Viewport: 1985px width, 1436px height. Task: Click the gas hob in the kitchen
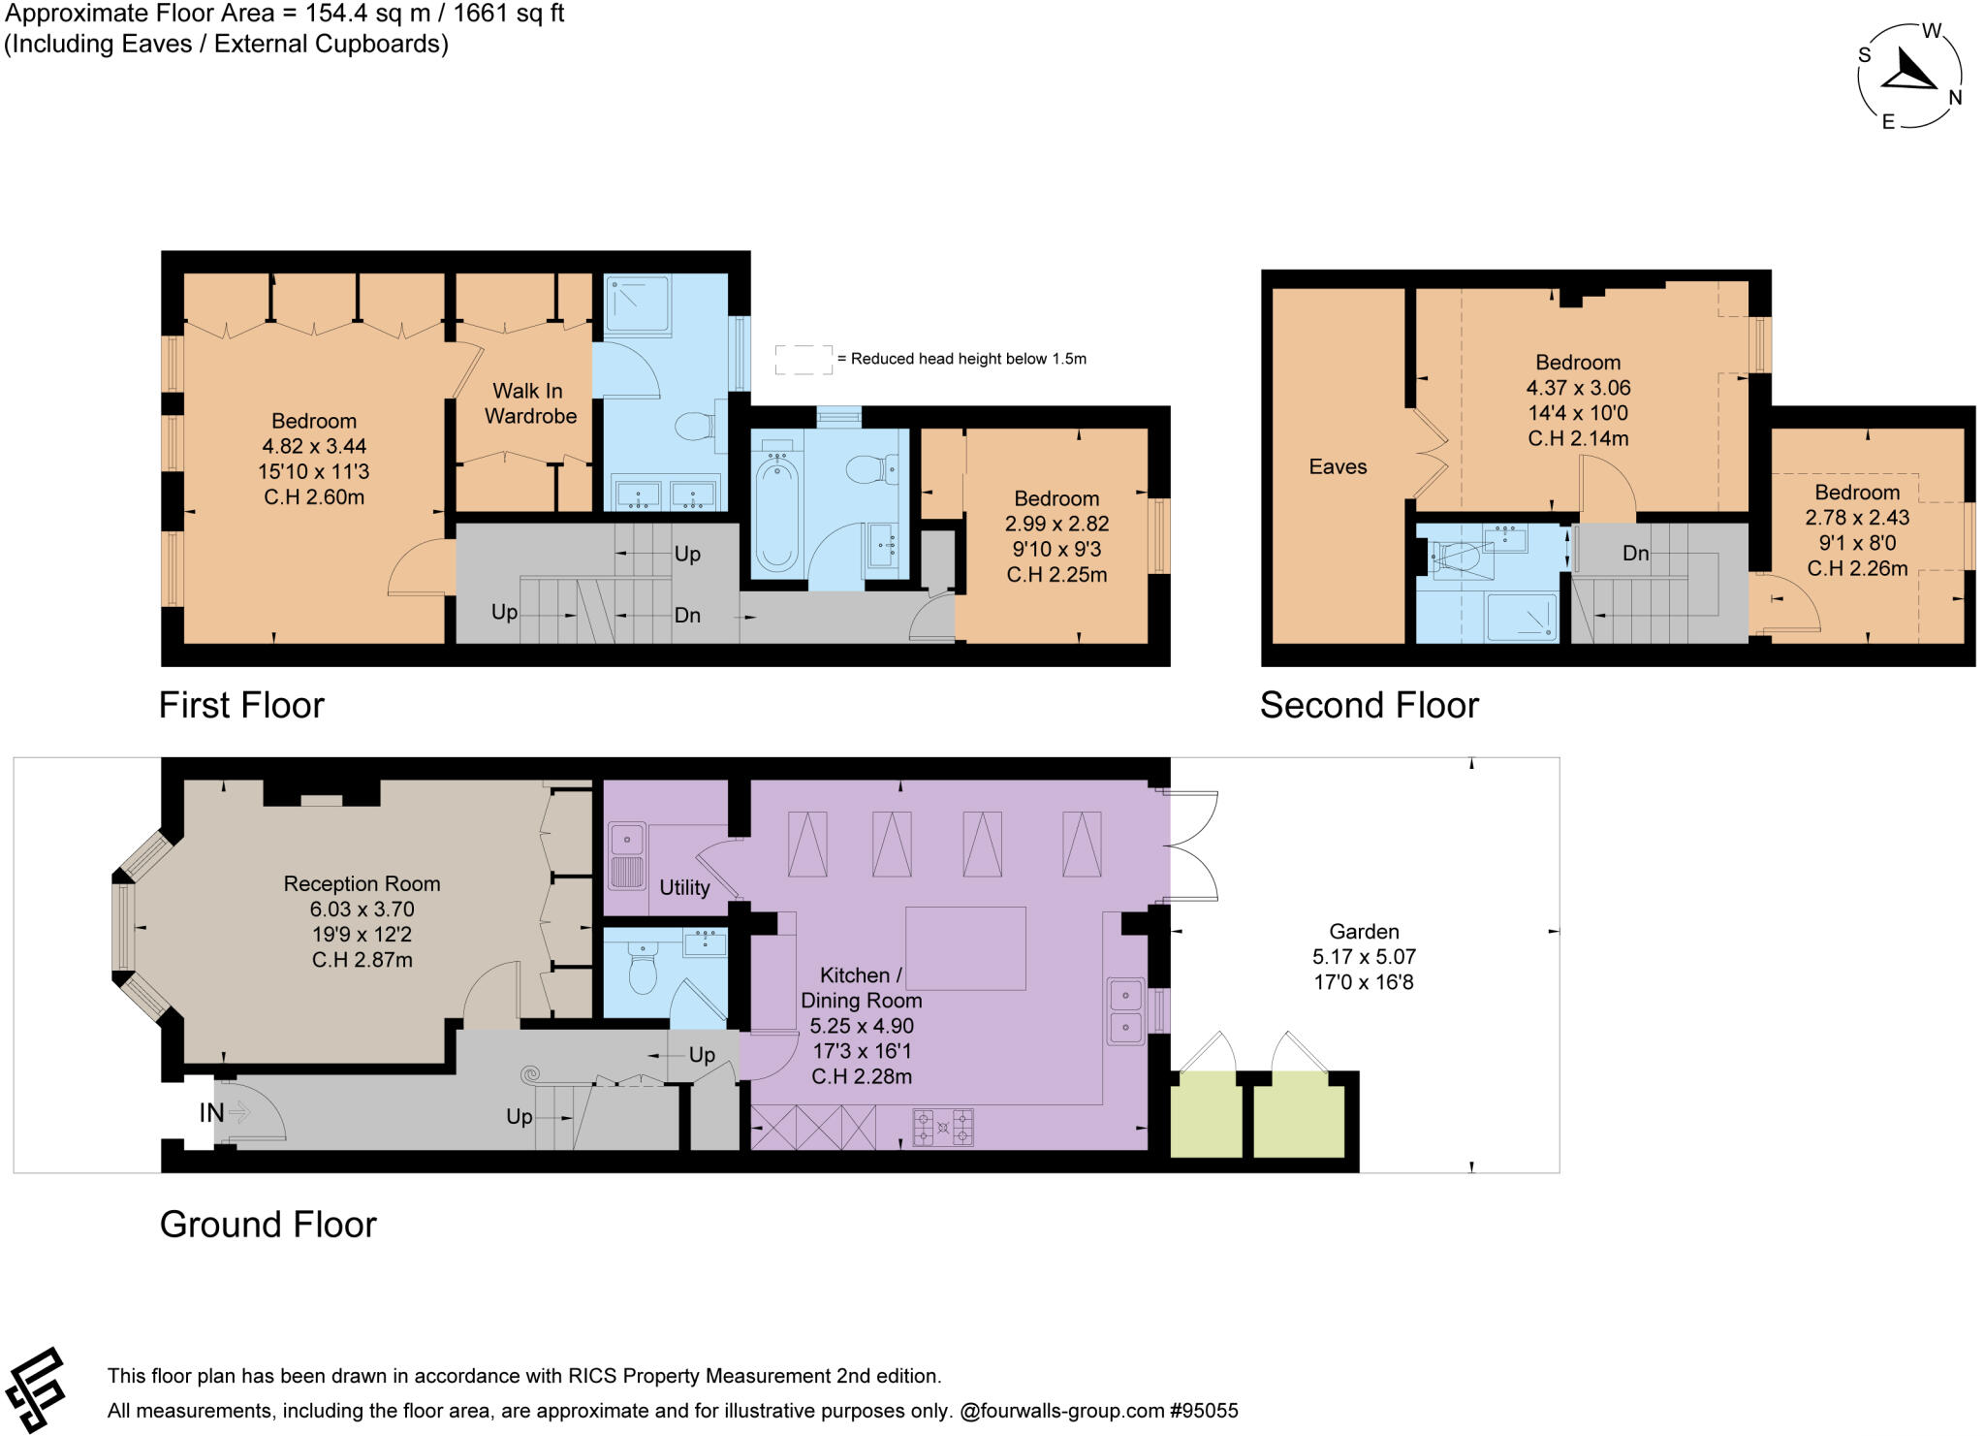942,1128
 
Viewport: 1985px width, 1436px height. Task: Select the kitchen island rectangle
965,948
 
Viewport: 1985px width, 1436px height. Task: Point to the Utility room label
684,887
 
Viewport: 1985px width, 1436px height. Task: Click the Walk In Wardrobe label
529,403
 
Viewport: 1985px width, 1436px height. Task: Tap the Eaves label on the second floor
1338,466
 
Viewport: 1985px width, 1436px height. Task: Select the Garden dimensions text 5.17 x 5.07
1364,957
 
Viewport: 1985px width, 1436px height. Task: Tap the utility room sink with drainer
627,856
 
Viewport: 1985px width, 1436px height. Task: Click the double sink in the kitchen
1126,1010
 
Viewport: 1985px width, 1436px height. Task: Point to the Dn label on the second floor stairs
1635,553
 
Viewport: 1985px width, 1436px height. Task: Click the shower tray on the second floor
1522,617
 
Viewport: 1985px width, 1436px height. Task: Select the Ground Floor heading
268,1225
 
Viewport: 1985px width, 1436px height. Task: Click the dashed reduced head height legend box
803,359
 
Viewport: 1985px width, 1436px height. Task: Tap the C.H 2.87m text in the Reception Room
362,960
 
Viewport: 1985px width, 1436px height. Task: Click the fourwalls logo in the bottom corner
36,1389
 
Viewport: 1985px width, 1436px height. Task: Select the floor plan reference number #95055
1204,1411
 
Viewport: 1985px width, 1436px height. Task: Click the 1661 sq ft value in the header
509,14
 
